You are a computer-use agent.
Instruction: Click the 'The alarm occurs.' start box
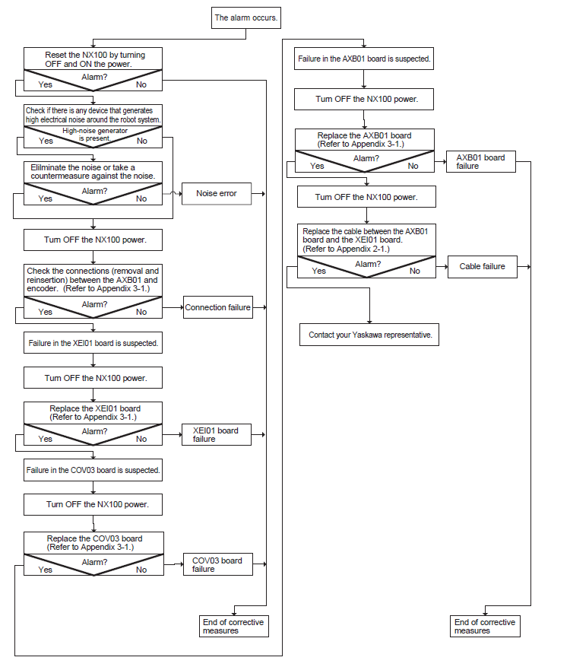click(x=246, y=18)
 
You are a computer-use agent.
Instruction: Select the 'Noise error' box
click(x=217, y=194)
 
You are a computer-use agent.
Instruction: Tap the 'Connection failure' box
click(x=218, y=307)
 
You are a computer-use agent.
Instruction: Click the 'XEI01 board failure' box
click(x=217, y=434)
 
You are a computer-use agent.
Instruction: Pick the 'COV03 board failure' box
click(x=218, y=564)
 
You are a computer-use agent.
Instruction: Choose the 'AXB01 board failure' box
click(x=481, y=161)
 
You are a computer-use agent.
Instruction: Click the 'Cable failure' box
click(x=483, y=267)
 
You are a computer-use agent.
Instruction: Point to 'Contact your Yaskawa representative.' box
click(x=369, y=335)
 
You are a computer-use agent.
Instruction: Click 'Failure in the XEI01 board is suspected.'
click(x=93, y=343)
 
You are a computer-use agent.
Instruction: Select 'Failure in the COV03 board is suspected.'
click(x=93, y=470)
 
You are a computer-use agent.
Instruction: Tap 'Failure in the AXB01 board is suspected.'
click(x=364, y=59)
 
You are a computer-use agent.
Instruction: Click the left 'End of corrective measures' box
click(x=234, y=627)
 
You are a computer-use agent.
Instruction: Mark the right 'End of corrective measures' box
click(x=485, y=627)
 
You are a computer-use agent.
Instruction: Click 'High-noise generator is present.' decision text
click(x=95, y=134)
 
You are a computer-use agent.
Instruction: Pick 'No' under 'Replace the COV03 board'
click(x=141, y=570)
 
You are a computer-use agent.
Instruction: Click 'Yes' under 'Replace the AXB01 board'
click(x=317, y=166)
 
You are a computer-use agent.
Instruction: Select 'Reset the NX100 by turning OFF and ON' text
click(x=95, y=59)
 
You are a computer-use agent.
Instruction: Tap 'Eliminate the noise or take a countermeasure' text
click(x=93, y=172)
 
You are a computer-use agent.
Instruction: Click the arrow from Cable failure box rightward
click(x=524, y=267)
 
